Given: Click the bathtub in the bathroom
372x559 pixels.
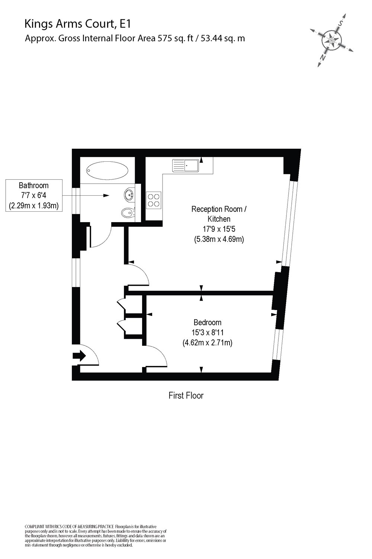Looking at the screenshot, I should pyautogui.click(x=107, y=171).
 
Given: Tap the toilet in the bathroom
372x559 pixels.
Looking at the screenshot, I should pyautogui.click(x=126, y=213).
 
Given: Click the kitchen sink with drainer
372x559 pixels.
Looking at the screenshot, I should pyautogui.click(x=186, y=165).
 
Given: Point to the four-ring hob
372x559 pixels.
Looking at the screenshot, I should pyautogui.click(x=154, y=199).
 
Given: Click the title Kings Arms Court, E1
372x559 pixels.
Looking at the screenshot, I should pyautogui.click(x=78, y=24).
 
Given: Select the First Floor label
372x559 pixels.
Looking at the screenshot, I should pyautogui.click(x=186, y=395).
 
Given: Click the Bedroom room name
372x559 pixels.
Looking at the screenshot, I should pyautogui.click(x=207, y=322).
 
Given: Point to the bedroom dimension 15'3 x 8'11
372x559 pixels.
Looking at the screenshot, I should pyautogui.click(x=207, y=332).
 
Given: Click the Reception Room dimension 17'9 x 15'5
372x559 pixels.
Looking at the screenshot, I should pyautogui.click(x=219, y=229).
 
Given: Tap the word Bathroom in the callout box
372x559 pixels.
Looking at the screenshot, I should pyautogui.click(x=34, y=185).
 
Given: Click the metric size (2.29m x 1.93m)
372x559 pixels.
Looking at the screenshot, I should pyautogui.click(x=34, y=205).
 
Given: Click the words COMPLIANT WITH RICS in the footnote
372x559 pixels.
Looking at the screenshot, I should pyautogui.click(x=48, y=526).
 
